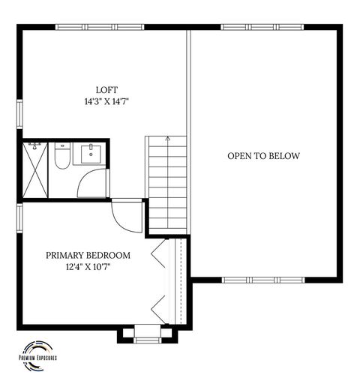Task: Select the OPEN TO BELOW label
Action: click(x=263, y=156)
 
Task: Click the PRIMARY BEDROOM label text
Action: click(x=88, y=255)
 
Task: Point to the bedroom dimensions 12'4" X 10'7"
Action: click(x=88, y=267)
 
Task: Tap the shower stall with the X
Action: click(x=34, y=169)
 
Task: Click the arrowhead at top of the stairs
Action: click(x=167, y=139)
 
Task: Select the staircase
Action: click(x=166, y=184)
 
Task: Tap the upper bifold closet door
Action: click(x=158, y=255)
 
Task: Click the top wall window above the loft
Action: click(x=100, y=27)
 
